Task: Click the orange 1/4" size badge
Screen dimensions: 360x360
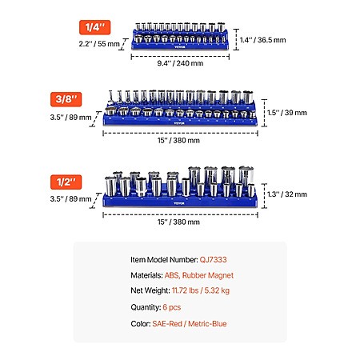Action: point(94,27)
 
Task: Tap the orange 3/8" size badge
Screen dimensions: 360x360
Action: point(66,99)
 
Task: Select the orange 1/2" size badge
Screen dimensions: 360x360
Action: point(66,182)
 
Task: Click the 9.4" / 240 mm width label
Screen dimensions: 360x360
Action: point(180,63)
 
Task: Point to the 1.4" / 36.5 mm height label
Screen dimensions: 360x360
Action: point(262,40)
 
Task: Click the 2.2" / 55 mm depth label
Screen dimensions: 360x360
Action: point(99,44)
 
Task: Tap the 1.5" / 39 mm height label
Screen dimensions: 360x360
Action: point(287,113)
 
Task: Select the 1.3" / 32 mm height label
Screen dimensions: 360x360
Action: point(287,194)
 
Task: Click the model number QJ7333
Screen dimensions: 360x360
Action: point(213,260)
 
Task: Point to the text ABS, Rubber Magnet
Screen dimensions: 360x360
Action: point(199,275)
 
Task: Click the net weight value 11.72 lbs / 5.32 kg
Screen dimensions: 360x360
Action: point(201,290)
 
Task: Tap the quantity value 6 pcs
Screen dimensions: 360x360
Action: point(172,307)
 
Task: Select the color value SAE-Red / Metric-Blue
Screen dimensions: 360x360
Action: point(190,324)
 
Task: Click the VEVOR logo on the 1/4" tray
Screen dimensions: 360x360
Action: point(178,47)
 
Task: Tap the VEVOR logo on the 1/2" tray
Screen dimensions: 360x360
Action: point(179,203)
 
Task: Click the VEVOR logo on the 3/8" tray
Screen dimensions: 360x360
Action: point(179,123)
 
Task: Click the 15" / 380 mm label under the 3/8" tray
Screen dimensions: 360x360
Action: point(178,140)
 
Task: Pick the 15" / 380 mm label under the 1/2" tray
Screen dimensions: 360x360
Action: point(178,222)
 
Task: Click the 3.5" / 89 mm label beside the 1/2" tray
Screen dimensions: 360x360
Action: point(70,199)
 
